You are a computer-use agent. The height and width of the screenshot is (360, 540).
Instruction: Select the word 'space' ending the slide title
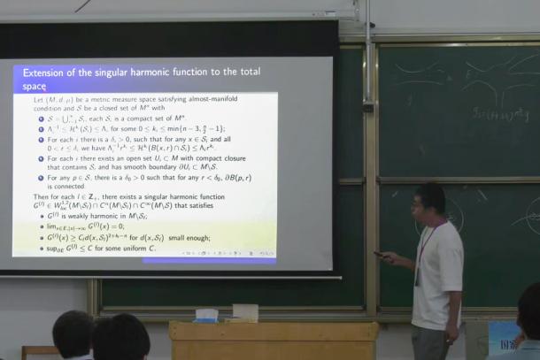pos(36,86)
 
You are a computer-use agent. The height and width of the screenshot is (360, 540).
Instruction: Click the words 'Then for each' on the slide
pos(55,196)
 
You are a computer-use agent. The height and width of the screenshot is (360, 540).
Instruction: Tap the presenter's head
pos(429,200)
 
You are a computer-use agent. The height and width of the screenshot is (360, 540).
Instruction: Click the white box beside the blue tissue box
pos(245,311)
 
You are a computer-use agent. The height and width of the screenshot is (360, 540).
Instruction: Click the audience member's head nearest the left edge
pos(73,332)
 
